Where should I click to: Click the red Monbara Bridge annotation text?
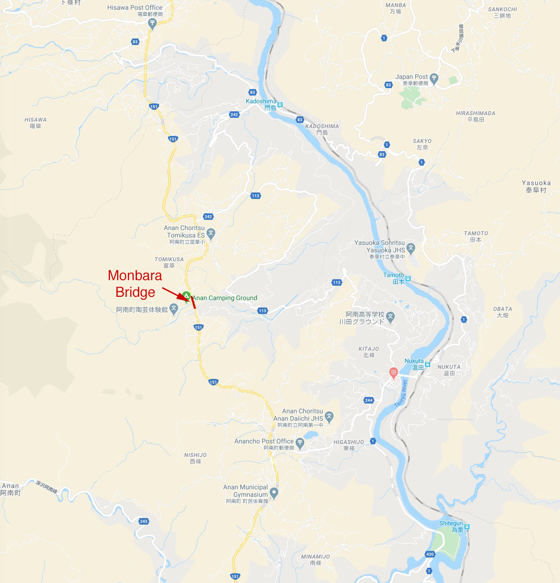[135, 283]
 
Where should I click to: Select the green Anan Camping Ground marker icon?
[186, 295]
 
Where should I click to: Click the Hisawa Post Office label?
[135, 8]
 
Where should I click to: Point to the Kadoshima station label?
[261, 102]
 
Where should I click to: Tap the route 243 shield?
[144, 521]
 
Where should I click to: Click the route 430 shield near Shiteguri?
[430, 554]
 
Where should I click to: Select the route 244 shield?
[369, 400]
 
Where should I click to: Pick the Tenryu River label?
[401, 394]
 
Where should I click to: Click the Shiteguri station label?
[451, 524]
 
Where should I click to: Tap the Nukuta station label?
[414, 361]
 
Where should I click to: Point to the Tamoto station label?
[393, 275]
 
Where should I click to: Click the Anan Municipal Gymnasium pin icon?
[274, 493]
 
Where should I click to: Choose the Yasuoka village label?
[536, 183]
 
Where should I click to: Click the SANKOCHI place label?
[502, 9]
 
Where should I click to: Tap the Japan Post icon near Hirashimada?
[434, 78]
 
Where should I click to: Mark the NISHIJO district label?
[195, 455]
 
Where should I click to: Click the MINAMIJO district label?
[315, 557]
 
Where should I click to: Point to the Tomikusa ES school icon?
[211, 233]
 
